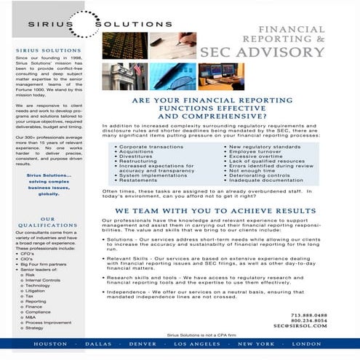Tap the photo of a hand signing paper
click(x=172, y=45)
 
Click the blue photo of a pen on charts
click(x=172, y=76)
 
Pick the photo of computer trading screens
click(x=220, y=76)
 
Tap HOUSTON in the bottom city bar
click(x=50, y=343)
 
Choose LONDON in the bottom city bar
click(x=306, y=343)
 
